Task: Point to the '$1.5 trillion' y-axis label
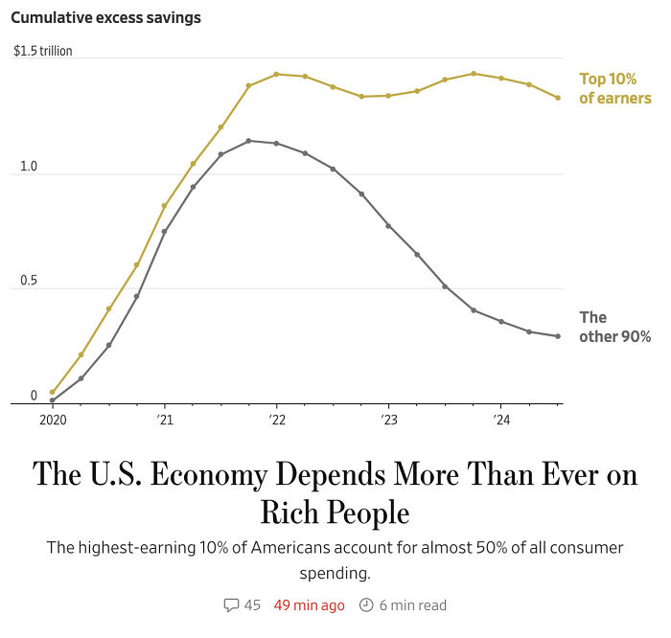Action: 43,51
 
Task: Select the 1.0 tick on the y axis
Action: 28,167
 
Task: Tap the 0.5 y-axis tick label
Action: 28,281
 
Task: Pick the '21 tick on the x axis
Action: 164,420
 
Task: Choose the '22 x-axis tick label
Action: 276,420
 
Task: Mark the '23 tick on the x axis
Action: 388,420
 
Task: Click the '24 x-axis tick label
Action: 501,420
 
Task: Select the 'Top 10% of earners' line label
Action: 614,88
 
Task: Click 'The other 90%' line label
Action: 614,327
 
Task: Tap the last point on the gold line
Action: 558,98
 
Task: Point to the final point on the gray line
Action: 558,336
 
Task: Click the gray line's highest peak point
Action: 248,141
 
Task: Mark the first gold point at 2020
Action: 52,392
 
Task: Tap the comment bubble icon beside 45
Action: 231,604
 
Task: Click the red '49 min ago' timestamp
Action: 309,604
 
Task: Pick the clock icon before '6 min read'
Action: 365,604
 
